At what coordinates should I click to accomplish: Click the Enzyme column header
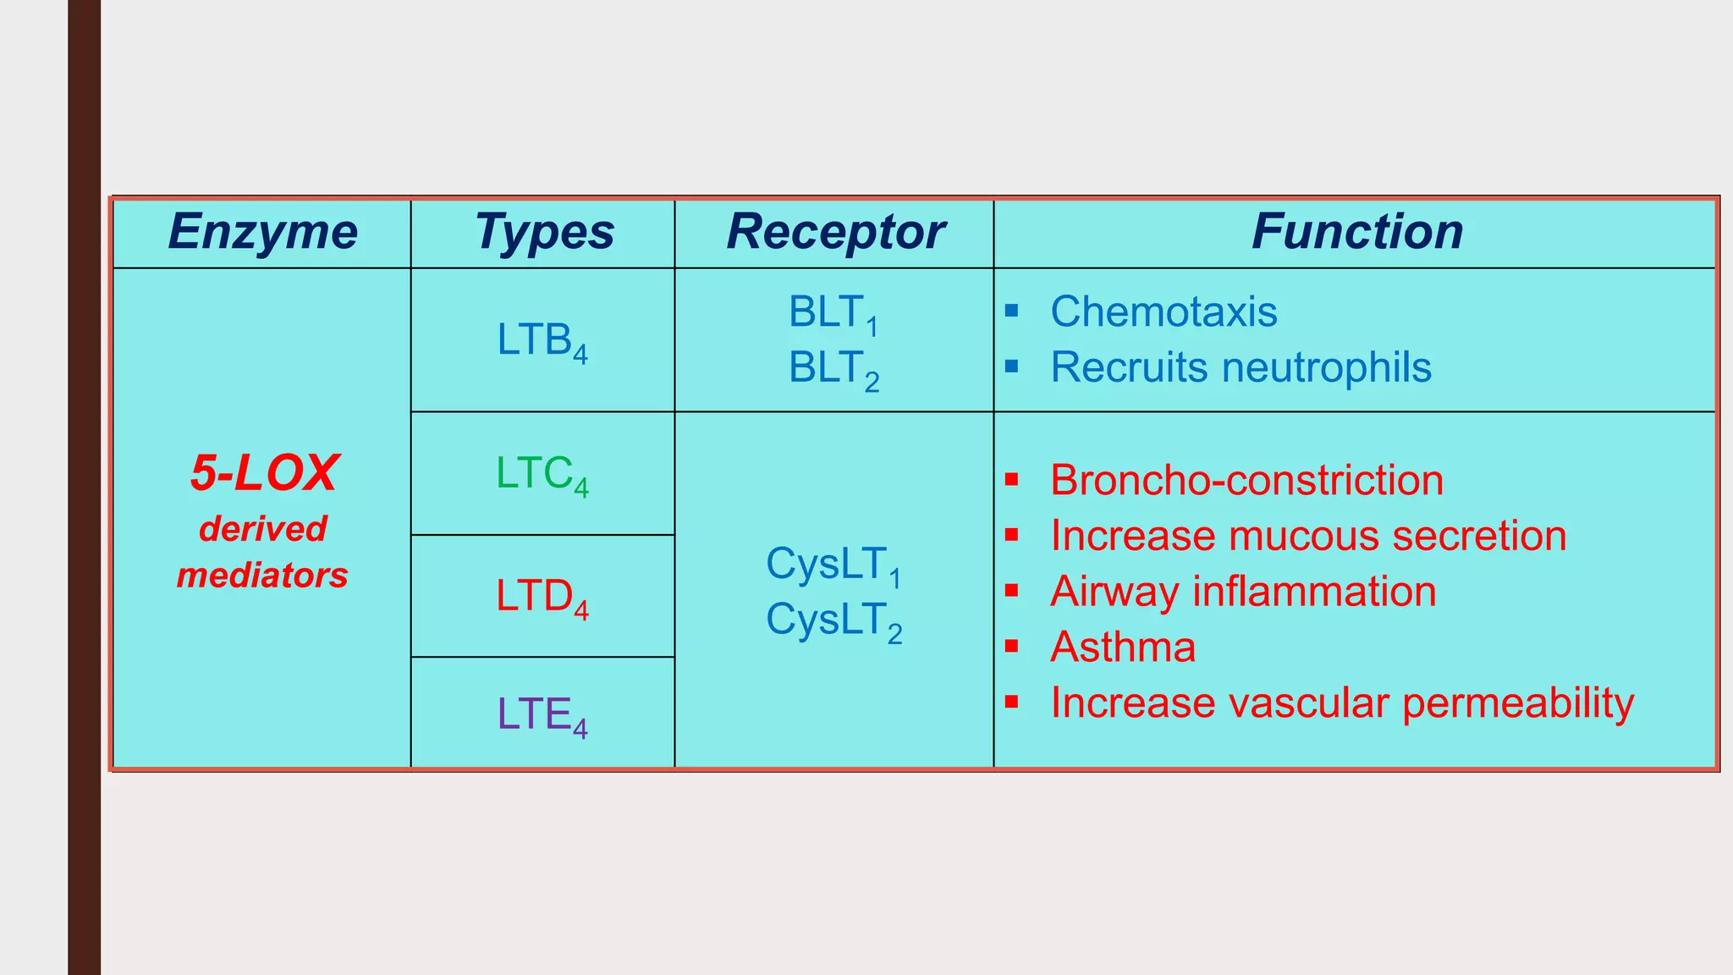(x=262, y=232)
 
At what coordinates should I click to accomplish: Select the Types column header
(x=544, y=232)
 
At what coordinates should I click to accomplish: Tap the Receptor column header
(x=835, y=232)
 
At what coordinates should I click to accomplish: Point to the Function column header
(x=1356, y=232)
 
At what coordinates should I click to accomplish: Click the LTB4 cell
(x=542, y=341)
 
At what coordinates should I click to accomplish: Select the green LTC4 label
(x=542, y=474)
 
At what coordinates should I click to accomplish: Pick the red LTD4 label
(x=542, y=597)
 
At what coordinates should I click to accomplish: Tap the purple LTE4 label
(x=542, y=715)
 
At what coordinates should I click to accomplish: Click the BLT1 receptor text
(x=833, y=313)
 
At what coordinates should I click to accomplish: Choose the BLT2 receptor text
(x=833, y=369)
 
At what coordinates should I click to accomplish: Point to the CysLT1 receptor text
(x=833, y=565)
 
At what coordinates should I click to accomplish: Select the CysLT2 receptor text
(x=833, y=620)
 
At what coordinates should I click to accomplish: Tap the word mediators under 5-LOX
(x=262, y=576)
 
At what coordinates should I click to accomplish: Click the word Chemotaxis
(x=1164, y=311)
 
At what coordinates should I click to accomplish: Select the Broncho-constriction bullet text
(x=1246, y=480)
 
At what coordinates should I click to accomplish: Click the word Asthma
(x=1123, y=647)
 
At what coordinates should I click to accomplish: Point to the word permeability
(x=1518, y=703)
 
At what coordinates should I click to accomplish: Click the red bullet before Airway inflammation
(x=1011, y=591)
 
